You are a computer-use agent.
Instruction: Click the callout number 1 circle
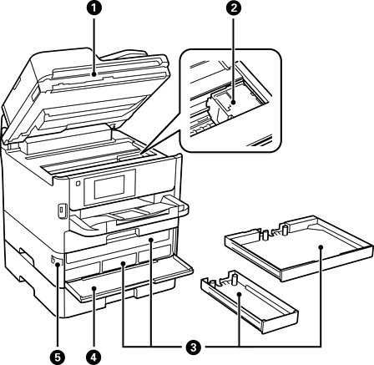[94, 8]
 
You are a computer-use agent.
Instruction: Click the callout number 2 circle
[233, 8]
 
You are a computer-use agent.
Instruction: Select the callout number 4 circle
[94, 357]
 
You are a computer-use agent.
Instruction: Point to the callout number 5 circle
[58, 357]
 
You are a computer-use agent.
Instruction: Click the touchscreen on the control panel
[109, 187]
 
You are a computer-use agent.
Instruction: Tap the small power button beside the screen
[78, 183]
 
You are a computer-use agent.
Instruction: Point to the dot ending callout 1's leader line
[94, 74]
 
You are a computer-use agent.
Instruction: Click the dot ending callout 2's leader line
[233, 103]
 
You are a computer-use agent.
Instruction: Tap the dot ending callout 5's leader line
[58, 265]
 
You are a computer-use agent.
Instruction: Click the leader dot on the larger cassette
[321, 247]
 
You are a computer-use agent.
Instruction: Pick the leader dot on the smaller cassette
[239, 293]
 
